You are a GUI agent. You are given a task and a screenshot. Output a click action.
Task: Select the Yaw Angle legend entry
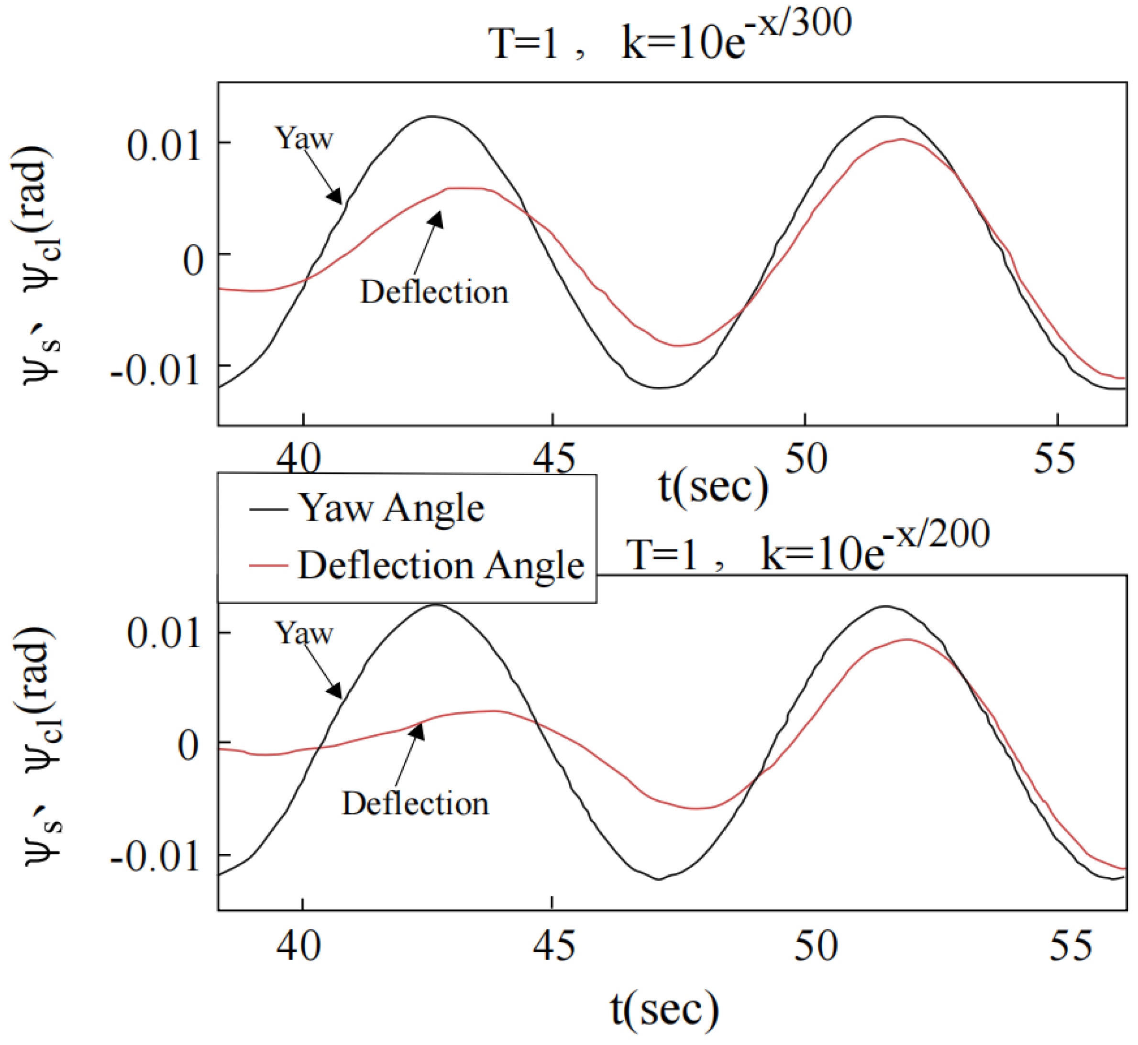pyautogui.click(x=390, y=508)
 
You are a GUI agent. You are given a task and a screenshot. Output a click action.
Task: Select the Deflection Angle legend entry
pyautogui.click(x=440, y=566)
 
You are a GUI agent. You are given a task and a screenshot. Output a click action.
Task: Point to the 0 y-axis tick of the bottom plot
pyautogui.click(x=189, y=745)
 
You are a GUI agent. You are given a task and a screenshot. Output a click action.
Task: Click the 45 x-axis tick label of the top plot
pyautogui.click(x=553, y=459)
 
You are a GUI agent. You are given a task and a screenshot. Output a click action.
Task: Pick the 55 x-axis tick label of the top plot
pyautogui.click(x=1054, y=459)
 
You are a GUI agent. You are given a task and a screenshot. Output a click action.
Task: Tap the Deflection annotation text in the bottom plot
pyautogui.click(x=415, y=804)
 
